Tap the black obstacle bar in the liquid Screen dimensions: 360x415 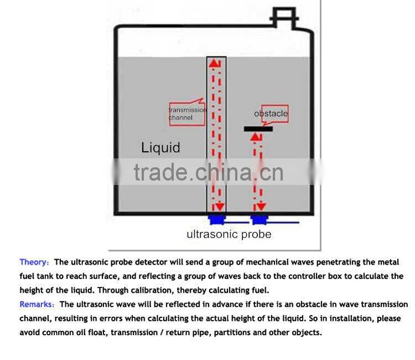(262, 129)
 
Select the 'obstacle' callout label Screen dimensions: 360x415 (271, 114)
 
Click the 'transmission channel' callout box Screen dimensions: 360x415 (186, 114)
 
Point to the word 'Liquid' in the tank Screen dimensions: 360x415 (160, 148)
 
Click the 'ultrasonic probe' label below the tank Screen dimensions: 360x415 (229, 234)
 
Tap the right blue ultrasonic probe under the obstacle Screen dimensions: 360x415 (258, 220)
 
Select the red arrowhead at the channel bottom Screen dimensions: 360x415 (220, 207)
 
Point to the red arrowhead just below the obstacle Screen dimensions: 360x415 (256, 138)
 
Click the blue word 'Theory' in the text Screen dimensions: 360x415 (34, 263)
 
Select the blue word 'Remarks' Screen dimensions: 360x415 (37, 304)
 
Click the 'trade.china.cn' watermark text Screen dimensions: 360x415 (208, 173)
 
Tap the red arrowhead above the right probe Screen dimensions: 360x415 (258, 207)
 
